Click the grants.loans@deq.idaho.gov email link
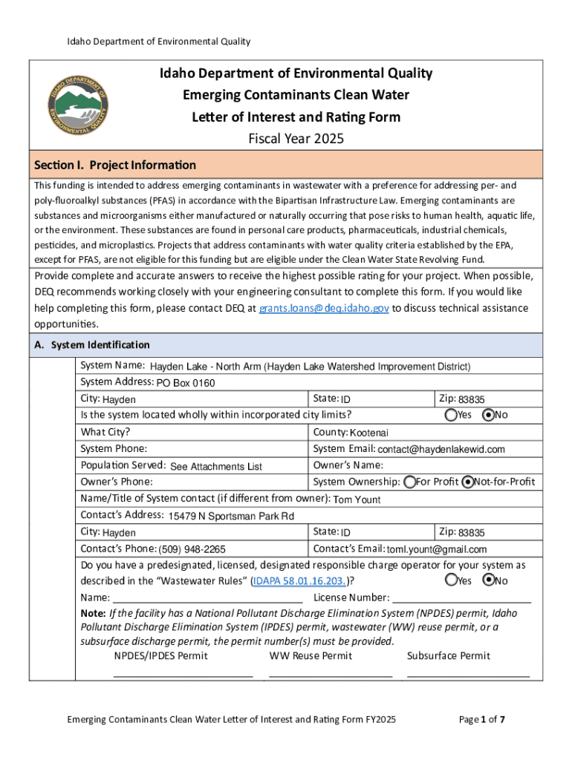point(323,308)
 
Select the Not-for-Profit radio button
point(467,482)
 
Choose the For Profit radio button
point(410,482)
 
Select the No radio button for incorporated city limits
point(488,415)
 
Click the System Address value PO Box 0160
point(185,383)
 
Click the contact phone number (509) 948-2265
point(192,549)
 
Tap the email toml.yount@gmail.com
point(437,549)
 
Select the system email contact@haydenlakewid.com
point(441,449)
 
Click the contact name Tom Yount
point(357,499)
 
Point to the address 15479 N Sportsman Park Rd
point(231,516)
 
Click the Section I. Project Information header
point(116,165)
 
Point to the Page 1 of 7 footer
point(483,719)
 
